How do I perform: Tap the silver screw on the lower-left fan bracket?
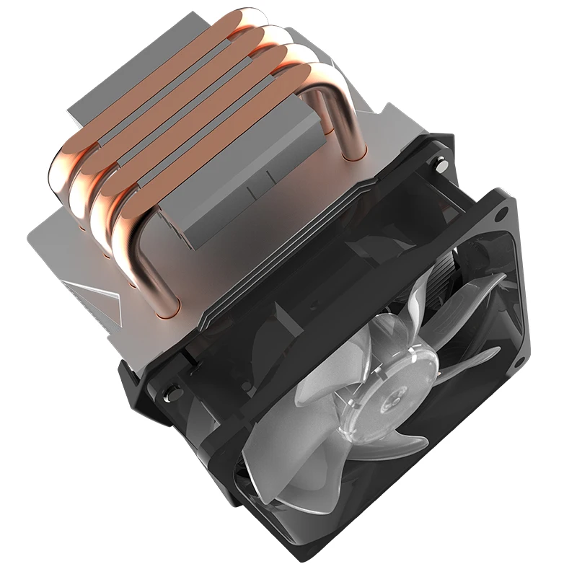[171, 395]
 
